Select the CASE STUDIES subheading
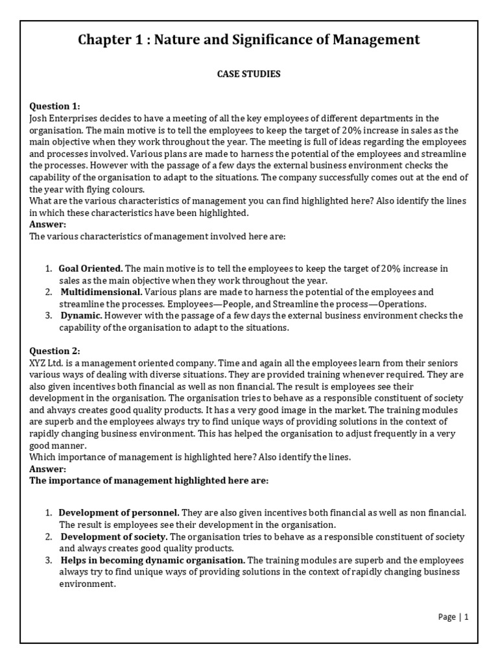[248, 74]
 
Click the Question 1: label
[55, 106]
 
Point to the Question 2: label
[55, 351]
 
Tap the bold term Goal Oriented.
[90, 268]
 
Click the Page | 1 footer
[453, 617]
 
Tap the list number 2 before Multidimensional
[49, 292]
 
